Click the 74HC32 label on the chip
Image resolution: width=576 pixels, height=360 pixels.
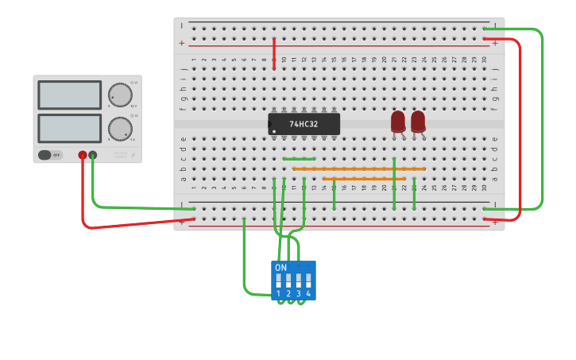[x=304, y=124]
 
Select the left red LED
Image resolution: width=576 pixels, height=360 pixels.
[x=398, y=121]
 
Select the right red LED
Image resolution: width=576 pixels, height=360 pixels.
[x=418, y=121]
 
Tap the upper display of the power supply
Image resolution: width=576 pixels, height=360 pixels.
[x=69, y=95]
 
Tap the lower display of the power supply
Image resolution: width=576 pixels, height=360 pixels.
[x=69, y=129]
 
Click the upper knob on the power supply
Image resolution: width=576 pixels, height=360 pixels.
[x=120, y=95]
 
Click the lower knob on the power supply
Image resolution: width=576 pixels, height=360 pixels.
[x=120, y=128]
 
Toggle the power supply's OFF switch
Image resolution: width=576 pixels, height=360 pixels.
[x=49, y=155]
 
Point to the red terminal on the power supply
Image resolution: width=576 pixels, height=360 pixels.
[x=83, y=155]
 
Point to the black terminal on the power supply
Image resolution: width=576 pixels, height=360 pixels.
[x=93, y=155]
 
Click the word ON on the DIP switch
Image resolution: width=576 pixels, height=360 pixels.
[x=280, y=268]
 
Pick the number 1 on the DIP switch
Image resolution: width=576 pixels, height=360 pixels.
[x=279, y=294]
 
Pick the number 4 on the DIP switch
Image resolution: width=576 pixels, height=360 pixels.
[x=308, y=294]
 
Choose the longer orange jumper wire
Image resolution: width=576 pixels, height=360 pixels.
[x=359, y=168]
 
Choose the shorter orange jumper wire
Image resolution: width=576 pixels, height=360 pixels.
[x=369, y=179]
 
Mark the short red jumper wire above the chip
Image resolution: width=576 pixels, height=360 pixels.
[x=274, y=53]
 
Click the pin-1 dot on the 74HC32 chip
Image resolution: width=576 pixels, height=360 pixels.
[x=274, y=131]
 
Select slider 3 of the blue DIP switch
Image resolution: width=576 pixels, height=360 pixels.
[x=299, y=281]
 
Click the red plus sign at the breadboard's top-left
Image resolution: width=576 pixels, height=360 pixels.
[x=182, y=43]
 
